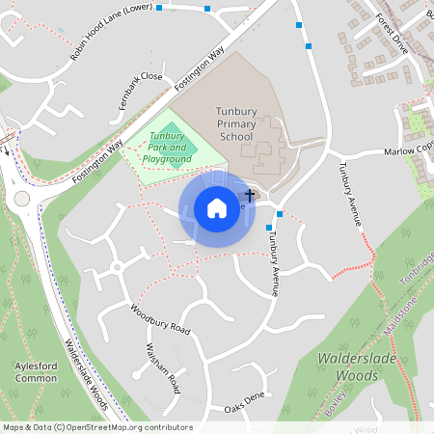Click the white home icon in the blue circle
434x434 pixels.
point(217,208)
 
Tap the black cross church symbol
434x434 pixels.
point(251,196)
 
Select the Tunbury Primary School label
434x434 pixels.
point(235,124)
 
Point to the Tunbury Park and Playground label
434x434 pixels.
point(167,148)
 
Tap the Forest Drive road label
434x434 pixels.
point(393,34)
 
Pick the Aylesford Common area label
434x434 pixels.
point(37,372)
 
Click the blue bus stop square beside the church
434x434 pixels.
point(280,213)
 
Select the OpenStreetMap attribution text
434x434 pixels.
point(97,427)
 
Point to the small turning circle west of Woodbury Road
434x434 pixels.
point(116,266)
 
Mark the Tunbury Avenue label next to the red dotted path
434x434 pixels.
point(349,192)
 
